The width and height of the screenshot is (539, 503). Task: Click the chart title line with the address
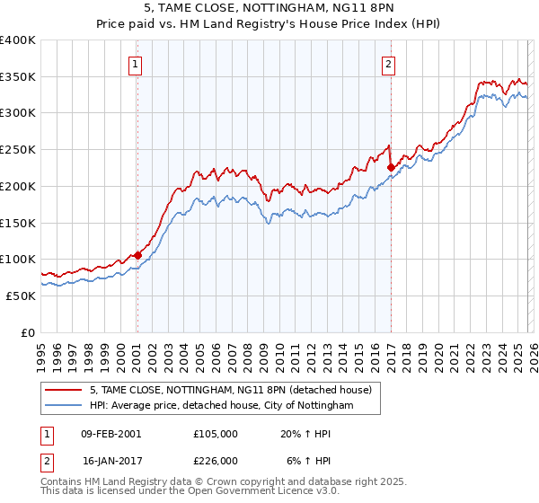[x=269, y=8]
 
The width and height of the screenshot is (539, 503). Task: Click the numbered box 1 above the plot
[x=136, y=63]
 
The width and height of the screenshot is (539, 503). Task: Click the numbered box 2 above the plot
[x=389, y=63]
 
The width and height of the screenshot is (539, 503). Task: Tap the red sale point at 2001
[x=137, y=255]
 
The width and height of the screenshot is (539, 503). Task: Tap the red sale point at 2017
[x=391, y=167]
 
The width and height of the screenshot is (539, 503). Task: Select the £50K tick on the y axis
[x=21, y=295]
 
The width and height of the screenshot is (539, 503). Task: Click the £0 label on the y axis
[x=29, y=331]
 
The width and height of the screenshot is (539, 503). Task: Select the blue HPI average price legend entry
[x=221, y=406]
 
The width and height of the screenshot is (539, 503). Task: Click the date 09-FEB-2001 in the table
[x=110, y=433]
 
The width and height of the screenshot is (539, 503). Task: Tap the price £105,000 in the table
[x=216, y=433]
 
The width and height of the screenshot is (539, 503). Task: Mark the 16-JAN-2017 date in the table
[x=110, y=461]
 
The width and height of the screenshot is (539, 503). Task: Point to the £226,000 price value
[x=216, y=461]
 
